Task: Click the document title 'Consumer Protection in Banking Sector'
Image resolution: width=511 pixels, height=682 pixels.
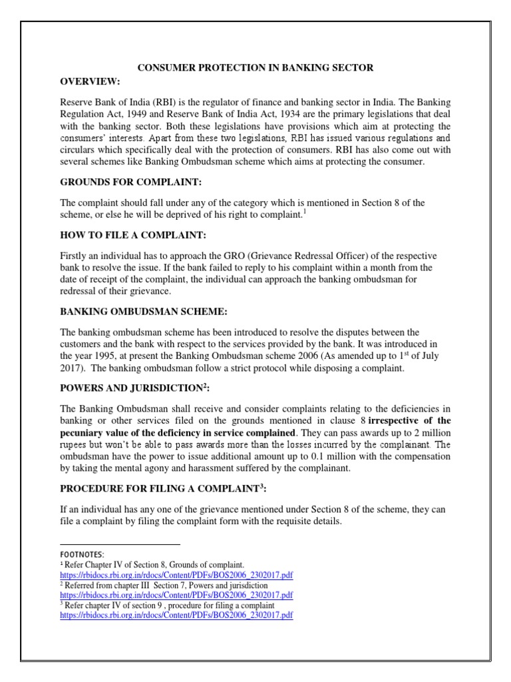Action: (x=255, y=68)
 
